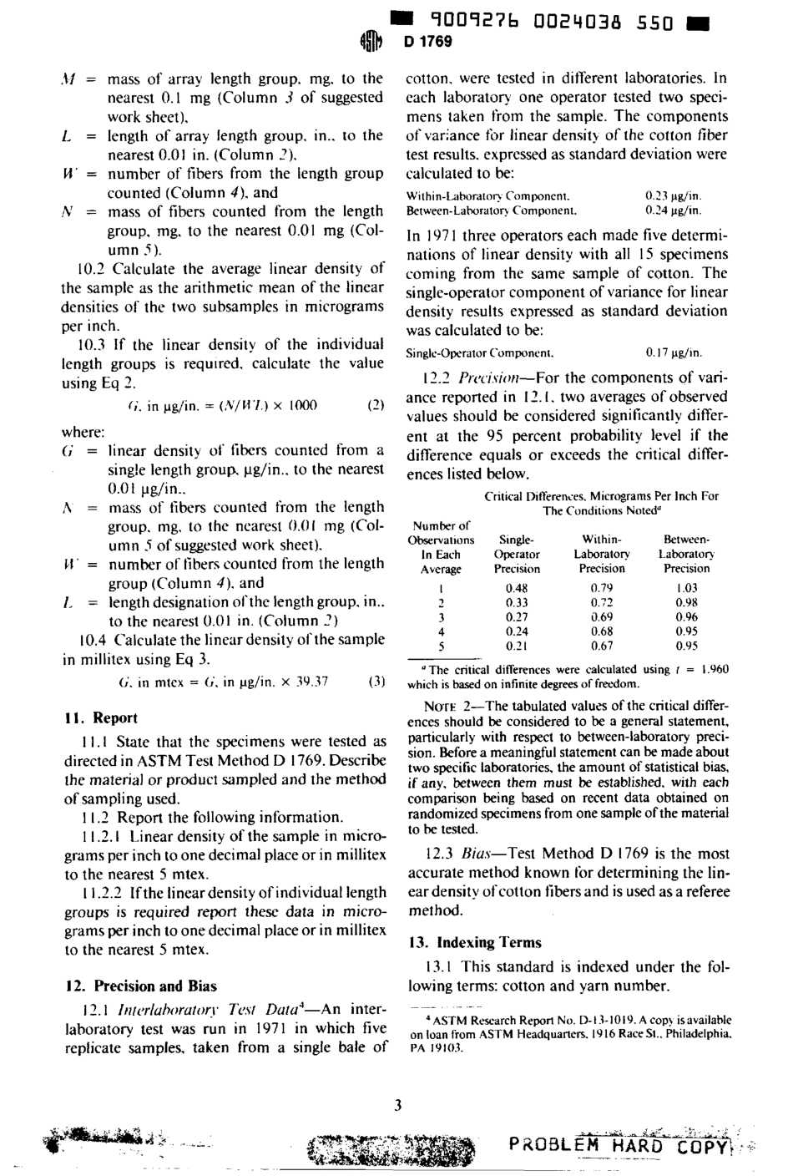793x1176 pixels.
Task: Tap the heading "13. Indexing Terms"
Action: (x=475, y=942)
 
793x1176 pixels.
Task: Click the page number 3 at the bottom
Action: (x=397, y=1106)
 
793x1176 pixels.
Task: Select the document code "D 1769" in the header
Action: (x=427, y=42)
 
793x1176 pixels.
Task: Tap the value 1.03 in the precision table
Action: (x=686, y=588)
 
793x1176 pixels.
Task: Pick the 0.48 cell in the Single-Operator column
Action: (x=517, y=588)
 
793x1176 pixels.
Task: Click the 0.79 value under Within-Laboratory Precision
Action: (x=601, y=588)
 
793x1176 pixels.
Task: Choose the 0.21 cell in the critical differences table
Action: (x=517, y=646)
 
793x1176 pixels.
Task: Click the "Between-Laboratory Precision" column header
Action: (x=686, y=554)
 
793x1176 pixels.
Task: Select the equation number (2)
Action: (x=376, y=406)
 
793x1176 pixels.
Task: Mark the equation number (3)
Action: (x=376, y=681)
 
